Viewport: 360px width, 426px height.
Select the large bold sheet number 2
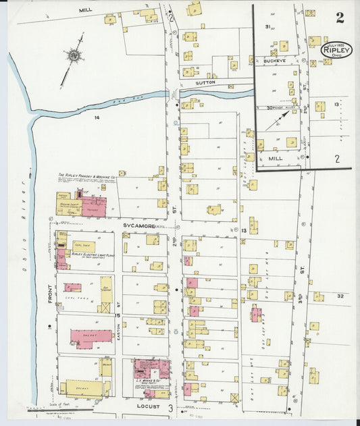[x=340, y=18]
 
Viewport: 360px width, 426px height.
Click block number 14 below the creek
[x=97, y=117]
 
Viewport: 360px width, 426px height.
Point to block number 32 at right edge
[x=339, y=296]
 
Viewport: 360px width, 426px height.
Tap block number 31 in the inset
[x=267, y=27]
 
